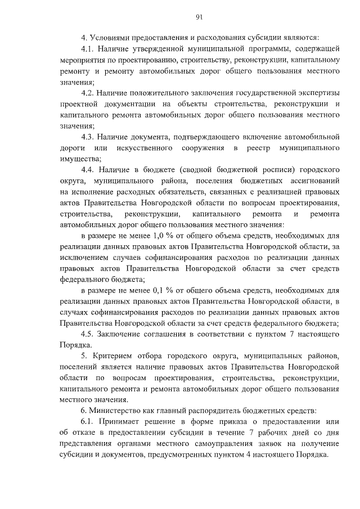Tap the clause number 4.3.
click(90, 137)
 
